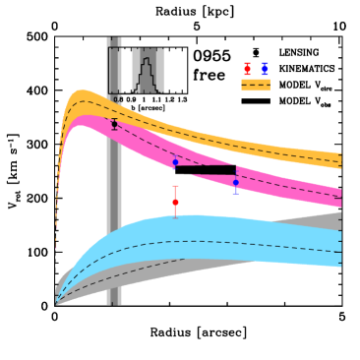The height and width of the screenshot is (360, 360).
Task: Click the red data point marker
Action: (x=175, y=202)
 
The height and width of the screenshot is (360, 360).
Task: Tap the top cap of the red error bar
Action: (x=175, y=186)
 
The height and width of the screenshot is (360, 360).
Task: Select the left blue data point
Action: (x=175, y=162)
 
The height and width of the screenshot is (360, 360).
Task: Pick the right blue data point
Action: (x=235, y=183)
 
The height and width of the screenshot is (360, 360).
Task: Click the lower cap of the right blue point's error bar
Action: (x=235, y=193)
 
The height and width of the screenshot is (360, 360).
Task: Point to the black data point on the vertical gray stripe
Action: (x=114, y=124)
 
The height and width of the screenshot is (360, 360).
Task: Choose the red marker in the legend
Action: (x=247, y=69)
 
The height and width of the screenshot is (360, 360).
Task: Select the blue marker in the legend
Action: (x=265, y=69)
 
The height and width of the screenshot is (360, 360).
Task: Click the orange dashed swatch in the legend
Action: (x=256, y=86)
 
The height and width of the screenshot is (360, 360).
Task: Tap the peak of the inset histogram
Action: (x=147, y=61)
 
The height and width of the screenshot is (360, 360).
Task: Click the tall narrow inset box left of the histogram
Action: (x=115, y=70)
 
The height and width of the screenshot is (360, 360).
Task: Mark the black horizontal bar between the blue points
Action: (x=205, y=170)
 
